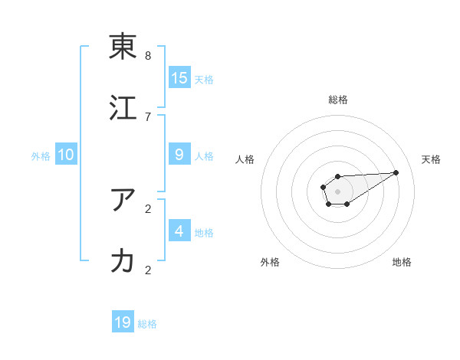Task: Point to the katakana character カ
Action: click(x=123, y=260)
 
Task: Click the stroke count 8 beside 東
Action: click(x=148, y=56)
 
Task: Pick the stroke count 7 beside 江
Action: click(x=148, y=116)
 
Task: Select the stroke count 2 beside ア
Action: click(x=148, y=208)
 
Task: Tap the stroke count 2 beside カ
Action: click(x=148, y=270)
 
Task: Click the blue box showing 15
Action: click(x=179, y=77)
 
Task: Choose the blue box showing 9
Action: click(x=179, y=154)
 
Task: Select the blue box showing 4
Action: click(x=179, y=231)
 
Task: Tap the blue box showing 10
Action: click(x=66, y=154)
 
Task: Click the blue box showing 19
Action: click(x=123, y=322)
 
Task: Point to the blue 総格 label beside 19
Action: click(x=148, y=325)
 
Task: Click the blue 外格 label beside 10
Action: click(x=41, y=156)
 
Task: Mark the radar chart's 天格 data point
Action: click(x=396, y=172)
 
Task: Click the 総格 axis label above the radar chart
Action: click(x=338, y=100)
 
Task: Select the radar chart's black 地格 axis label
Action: click(x=402, y=263)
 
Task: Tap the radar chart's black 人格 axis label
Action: click(x=245, y=159)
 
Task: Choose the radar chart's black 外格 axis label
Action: click(x=270, y=263)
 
